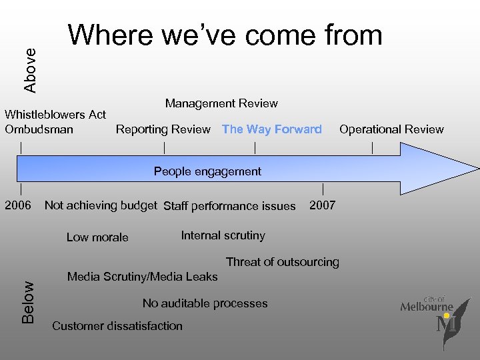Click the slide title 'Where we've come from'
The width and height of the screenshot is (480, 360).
coord(225,36)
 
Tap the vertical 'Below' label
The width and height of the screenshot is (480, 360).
coord(28,302)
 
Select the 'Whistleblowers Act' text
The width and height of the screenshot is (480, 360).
coord(55,115)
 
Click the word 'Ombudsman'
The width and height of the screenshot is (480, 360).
coord(39,129)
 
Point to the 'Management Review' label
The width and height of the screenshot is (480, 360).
coord(221,103)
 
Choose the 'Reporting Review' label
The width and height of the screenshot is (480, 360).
coord(163,129)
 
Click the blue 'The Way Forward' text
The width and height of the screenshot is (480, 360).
coord(272,129)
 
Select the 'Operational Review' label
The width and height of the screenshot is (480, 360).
coord(391,129)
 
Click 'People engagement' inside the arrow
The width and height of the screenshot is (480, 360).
coord(207,171)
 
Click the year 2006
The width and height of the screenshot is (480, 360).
coord(18,205)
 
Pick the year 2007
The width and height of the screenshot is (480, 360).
coord(323,205)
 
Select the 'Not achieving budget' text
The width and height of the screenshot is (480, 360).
coord(101,205)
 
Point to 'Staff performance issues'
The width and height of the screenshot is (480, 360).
coord(229,206)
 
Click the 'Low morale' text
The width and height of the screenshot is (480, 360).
coord(97,237)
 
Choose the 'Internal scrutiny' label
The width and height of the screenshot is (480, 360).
coord(223,235)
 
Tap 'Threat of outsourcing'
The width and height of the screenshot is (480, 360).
coord(283,262)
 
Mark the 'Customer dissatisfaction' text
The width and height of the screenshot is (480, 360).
coord(117,326)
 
